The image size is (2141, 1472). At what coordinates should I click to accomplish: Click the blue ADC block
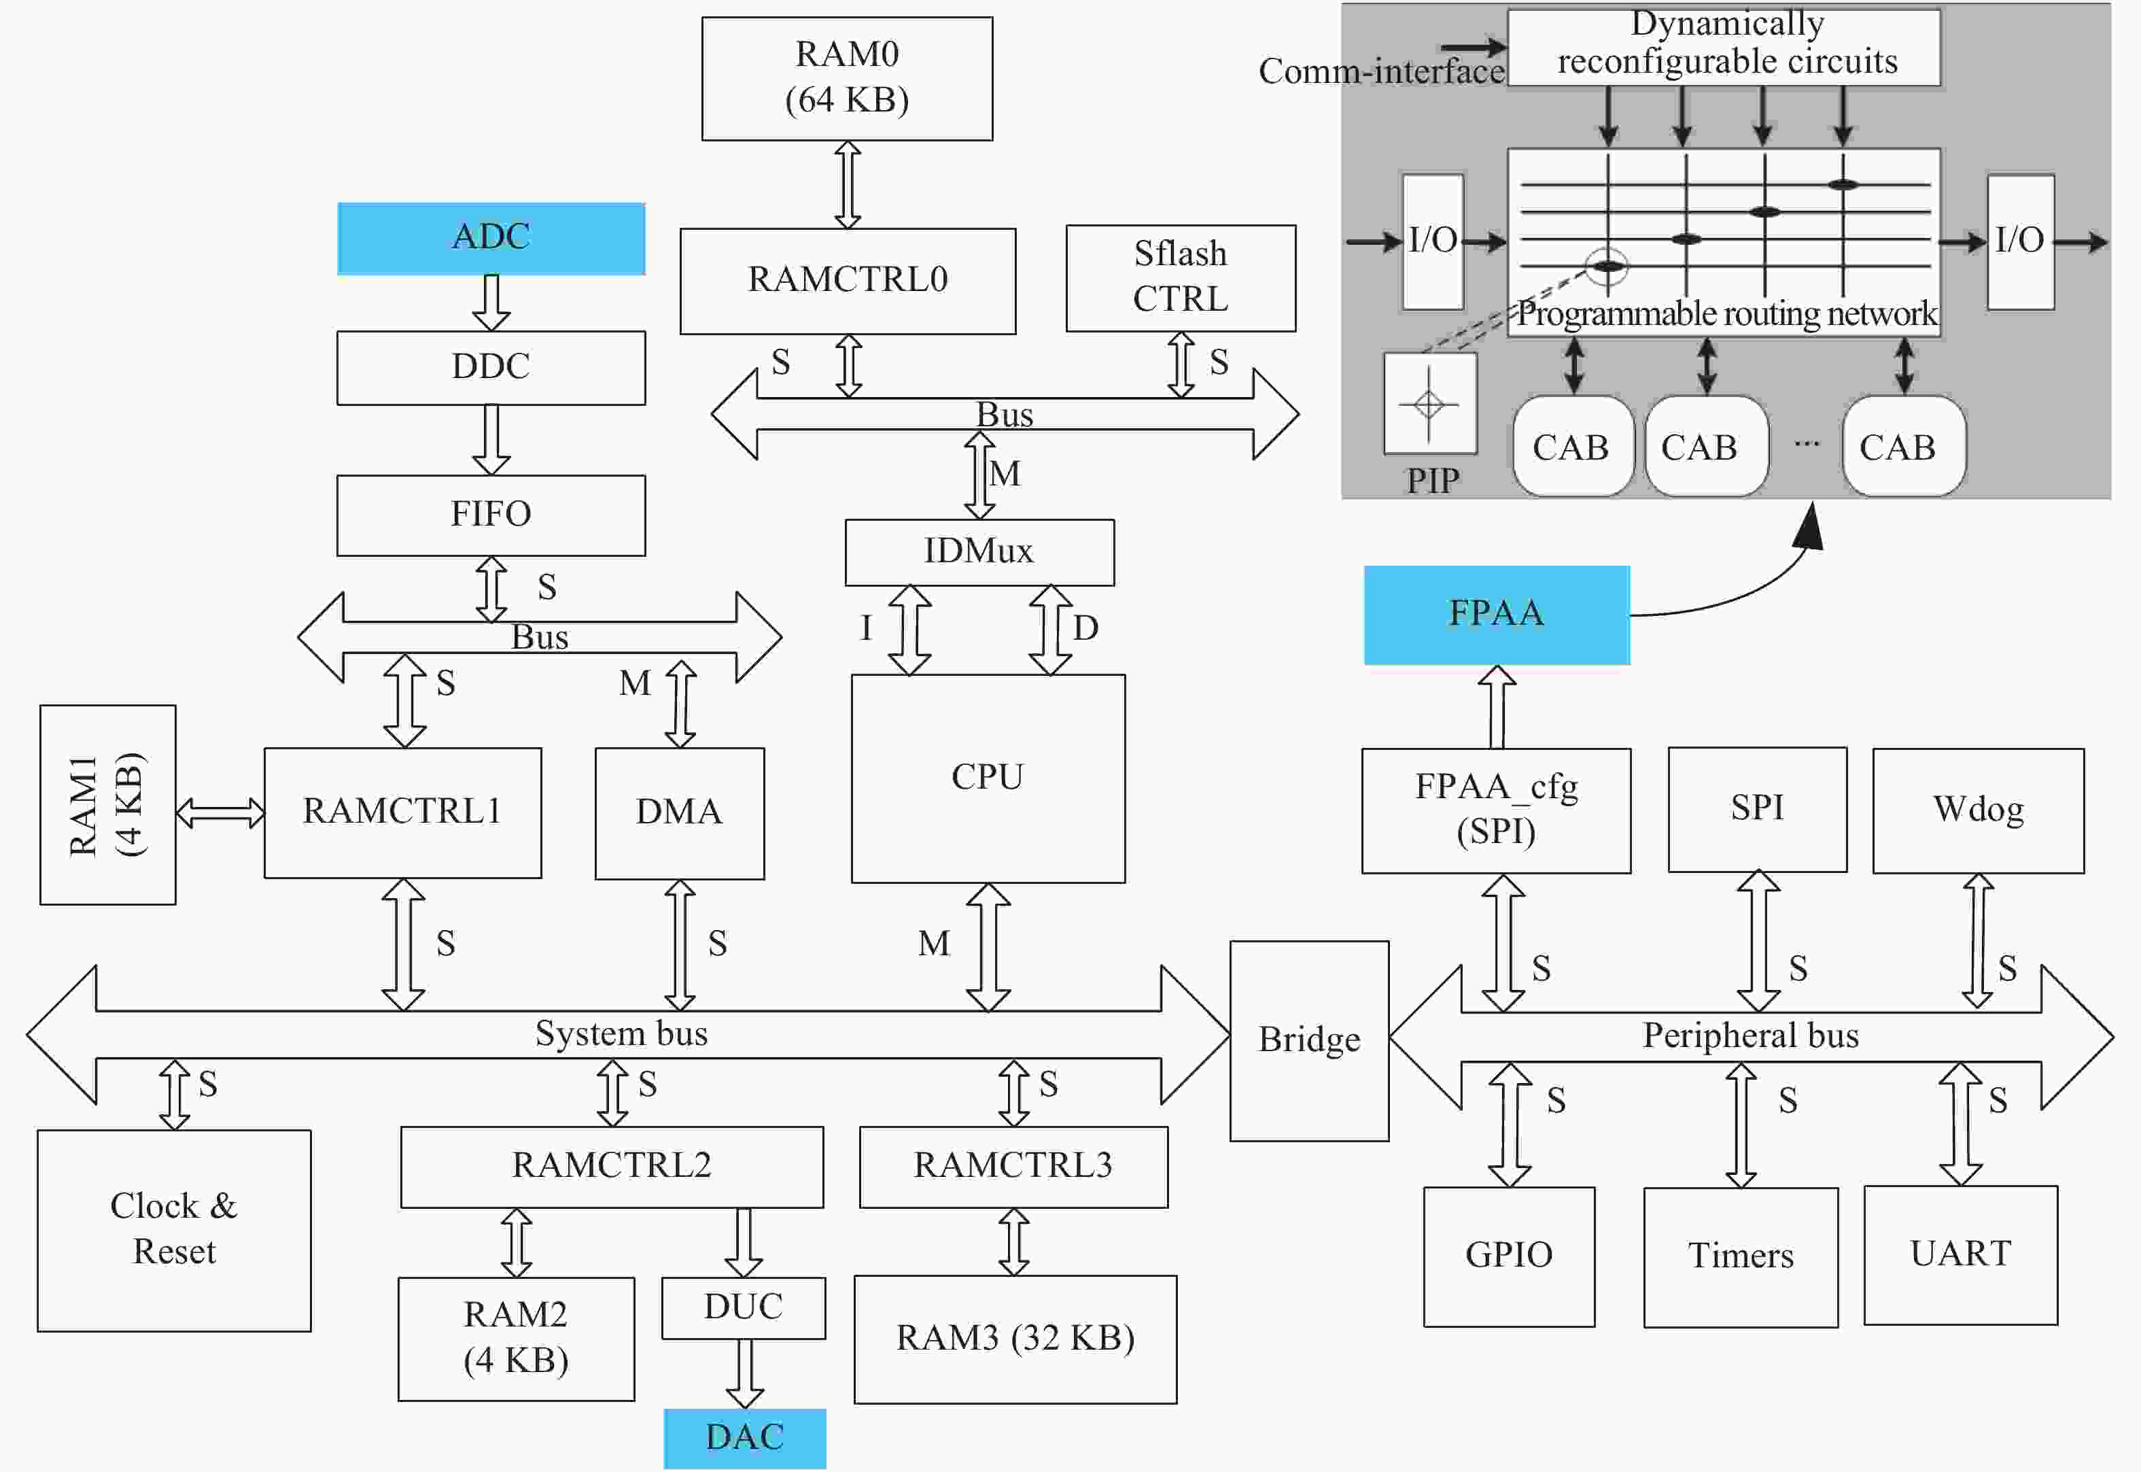(x=491, y=238)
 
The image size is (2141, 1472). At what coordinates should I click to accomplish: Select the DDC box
(x=491, y=367)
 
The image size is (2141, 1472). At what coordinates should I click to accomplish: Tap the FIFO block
(x=491, y=515)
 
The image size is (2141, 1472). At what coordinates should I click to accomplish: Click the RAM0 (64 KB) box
(x=848, y=78)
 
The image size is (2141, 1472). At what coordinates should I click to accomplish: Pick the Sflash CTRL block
(x=1181, y=277)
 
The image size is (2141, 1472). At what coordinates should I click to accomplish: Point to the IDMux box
(x=980, y=551)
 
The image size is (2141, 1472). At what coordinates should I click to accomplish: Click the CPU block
(x=988, y=778)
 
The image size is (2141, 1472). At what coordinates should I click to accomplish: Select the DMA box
(x=680, y=812)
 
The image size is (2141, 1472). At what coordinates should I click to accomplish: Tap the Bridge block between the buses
(x=1309, y=1040)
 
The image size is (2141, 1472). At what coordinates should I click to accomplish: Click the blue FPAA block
(x=1497, y=614)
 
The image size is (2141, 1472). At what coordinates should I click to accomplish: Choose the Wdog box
(x=1979, y=810)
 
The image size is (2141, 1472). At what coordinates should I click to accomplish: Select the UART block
(x=1961, y=1254)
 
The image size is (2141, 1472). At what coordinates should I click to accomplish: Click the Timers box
(x=1741, y=1256)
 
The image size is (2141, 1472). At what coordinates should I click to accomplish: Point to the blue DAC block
(x=745, y=1438)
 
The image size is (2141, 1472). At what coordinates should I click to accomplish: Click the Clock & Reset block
(x=174, y=1231)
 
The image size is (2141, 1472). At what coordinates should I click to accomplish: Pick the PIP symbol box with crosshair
(x=1430, y=403)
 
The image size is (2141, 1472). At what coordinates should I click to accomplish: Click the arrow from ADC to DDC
(x=491, y=303)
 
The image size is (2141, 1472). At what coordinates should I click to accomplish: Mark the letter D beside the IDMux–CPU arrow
(x=1085, y=628)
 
